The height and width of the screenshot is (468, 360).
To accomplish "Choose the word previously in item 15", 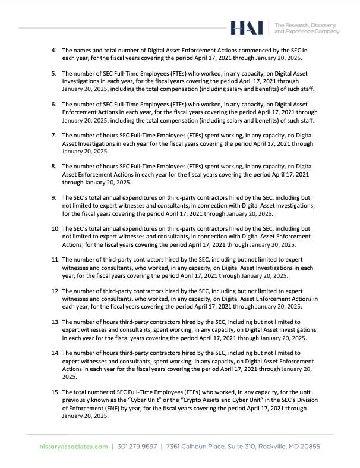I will tap(79, 401).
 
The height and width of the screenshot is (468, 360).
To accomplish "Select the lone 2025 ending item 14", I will tap(70, 377).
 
